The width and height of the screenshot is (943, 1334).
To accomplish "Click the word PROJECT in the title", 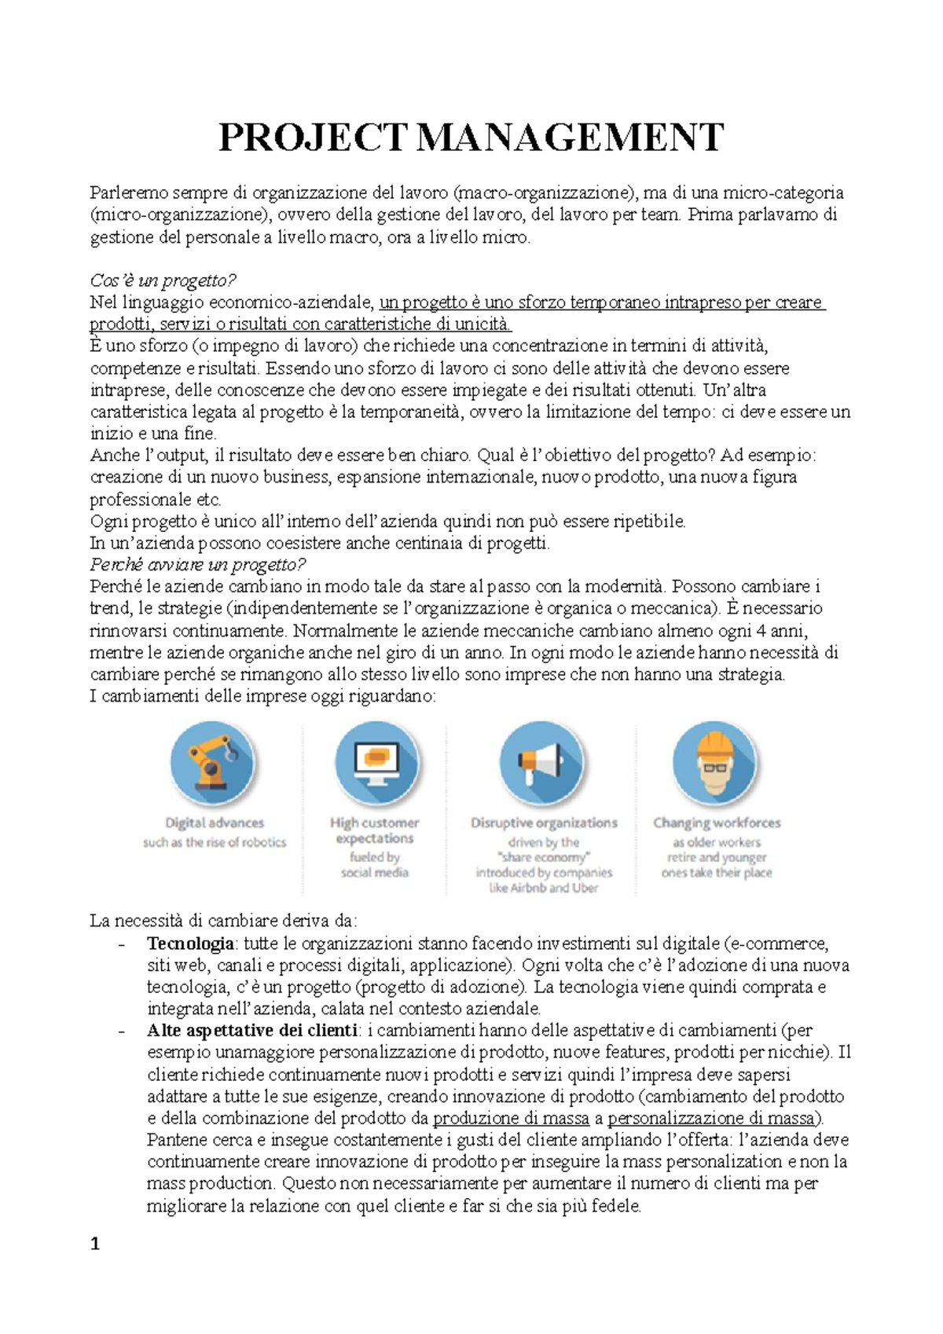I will tap(313, 137).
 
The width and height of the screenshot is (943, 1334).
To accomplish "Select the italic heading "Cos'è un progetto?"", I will tap(163, 280).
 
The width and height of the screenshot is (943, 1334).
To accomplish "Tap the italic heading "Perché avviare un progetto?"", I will tap(197, 564).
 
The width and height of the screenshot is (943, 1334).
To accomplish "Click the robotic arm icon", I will tap(213, 763).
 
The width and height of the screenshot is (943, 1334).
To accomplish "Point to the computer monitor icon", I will tap(376, 763).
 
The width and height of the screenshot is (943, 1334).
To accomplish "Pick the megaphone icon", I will tap(541, 763).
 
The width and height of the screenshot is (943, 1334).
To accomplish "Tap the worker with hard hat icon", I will tap(715, 763).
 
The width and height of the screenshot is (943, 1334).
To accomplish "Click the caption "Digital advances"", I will tap(215, 823).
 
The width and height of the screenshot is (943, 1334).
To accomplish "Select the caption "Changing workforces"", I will tap(717, 823).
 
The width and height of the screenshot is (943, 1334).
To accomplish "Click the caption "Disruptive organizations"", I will tap(544, 823).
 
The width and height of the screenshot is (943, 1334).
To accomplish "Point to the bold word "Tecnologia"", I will tap(190, 943).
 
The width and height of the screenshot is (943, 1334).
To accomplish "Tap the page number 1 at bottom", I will tap(95, 1244).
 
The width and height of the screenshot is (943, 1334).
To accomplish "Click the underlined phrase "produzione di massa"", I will tap(511, 1118).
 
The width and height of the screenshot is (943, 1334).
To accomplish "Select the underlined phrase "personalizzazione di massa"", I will tap(714, 1118).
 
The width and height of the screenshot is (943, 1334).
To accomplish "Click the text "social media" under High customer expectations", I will tap(375, 872).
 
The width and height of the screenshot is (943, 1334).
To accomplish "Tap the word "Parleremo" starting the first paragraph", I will tap(128, 192).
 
